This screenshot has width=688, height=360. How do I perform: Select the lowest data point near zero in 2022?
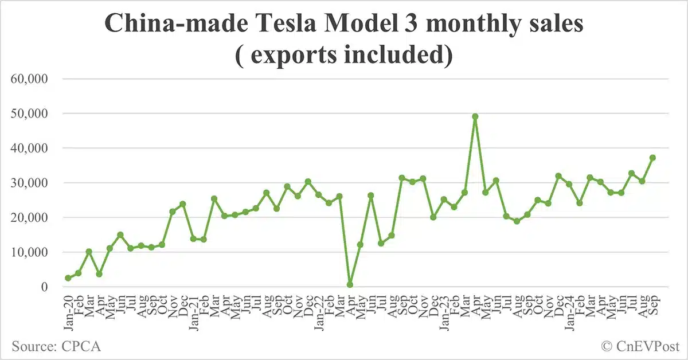[350, 284]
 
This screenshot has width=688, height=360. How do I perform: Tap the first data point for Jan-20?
[68, 278]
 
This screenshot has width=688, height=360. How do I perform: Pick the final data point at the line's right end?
[652, 158]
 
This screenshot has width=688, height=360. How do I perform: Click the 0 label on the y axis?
[51, 287]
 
